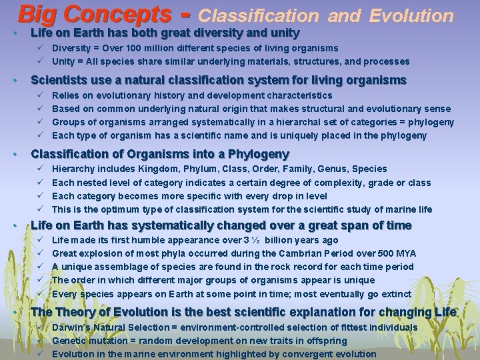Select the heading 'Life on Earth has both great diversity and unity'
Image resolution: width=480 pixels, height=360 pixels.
tap(165, 33)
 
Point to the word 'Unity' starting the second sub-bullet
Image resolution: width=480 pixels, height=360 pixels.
tap(63, 61)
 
